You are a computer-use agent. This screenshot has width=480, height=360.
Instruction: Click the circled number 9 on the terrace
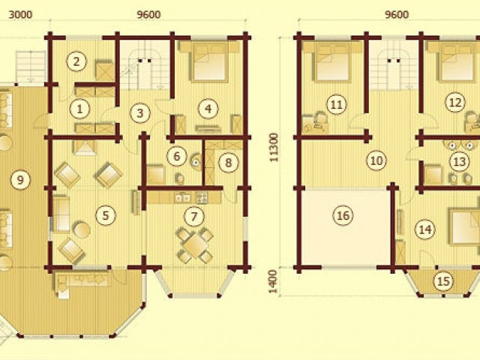(x=20, y=179)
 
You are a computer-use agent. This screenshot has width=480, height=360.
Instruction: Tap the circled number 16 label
(x=343, y=215)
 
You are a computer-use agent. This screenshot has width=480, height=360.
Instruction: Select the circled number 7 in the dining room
(x=193, y=217)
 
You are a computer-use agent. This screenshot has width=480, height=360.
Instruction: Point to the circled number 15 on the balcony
(x=444, y=280)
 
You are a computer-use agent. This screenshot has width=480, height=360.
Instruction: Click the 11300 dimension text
(x=274, y=147)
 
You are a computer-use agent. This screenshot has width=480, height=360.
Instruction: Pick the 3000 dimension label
(x=20, y=15)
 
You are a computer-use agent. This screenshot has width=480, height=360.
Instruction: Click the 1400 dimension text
(x=274, y=281)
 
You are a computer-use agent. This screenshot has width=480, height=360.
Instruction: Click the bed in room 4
(x=209, y=62)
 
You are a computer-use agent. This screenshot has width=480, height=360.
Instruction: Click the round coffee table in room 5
(x=82, y=230)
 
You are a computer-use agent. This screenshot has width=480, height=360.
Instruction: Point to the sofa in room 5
(x=61, y=214)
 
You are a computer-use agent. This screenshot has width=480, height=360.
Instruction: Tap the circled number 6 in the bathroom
(x=177, y=156)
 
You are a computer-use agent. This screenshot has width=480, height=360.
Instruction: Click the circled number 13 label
(x=459, y=161)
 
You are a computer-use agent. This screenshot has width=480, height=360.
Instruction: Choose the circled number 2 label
(x=76, y=61)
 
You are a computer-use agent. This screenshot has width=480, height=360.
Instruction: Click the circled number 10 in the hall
(x=376, y=160)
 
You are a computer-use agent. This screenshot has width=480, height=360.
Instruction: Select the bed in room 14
(x=464, y=226)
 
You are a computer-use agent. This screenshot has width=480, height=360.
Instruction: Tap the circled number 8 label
(x=228, y=162)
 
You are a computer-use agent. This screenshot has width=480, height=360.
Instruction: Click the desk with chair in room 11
(x=315, y=121)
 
